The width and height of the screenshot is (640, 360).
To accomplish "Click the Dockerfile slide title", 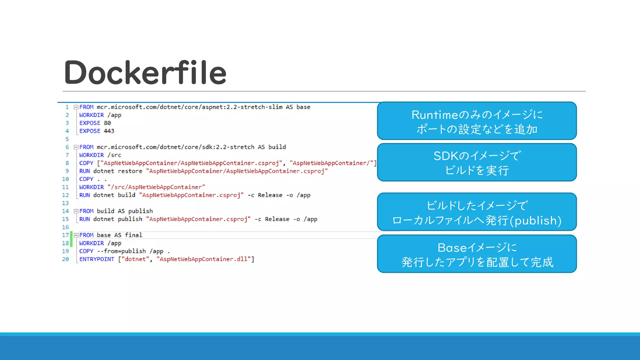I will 145,72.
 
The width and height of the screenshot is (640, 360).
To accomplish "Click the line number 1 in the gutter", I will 67,107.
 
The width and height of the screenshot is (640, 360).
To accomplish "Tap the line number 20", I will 65,259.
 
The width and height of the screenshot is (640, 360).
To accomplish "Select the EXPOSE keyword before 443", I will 90,131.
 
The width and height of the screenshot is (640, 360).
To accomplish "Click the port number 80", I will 107,123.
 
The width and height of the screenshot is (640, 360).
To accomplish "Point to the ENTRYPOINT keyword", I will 97,259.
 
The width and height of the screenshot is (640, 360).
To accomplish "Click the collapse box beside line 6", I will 76,147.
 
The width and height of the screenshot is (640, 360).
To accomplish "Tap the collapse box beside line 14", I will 76,211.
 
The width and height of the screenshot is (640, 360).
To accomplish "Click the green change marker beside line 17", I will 71,239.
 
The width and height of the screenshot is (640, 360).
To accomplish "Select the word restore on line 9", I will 130,171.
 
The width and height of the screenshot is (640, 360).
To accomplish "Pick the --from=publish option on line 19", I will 121,251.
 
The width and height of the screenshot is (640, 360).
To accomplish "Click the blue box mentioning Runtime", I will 477,121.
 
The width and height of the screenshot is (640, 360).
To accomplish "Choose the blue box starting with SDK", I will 477,162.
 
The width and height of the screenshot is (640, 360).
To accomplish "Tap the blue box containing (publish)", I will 477,212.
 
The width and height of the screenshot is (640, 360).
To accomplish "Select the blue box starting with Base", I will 477,254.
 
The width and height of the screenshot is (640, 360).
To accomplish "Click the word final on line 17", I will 133,235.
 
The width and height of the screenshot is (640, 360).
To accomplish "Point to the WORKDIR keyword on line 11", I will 91,187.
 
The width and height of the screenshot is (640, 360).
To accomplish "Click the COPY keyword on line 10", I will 86,179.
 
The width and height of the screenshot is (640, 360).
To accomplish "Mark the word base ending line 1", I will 303,107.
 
